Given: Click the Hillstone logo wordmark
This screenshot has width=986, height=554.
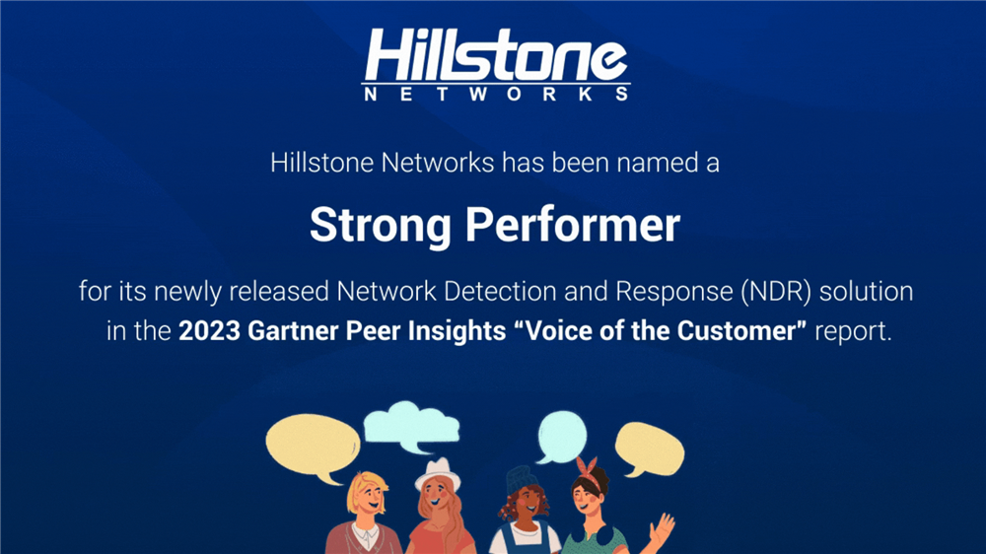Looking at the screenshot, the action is [x=496, y=54].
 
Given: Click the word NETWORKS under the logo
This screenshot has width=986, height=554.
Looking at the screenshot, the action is [x=496, y=95].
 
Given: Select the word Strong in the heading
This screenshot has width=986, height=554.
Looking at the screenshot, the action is [x=381, y=226].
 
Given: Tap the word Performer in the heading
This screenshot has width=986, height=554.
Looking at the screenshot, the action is [x=573, y=225].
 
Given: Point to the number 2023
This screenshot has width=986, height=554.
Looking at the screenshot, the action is [x=209, y=331].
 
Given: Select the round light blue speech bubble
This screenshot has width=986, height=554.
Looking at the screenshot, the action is [x=562, y=436].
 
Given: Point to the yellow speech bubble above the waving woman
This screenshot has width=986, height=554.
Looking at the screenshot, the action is [x=649, y=449].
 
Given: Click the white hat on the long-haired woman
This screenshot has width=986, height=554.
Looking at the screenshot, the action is [x=437, y=473].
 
